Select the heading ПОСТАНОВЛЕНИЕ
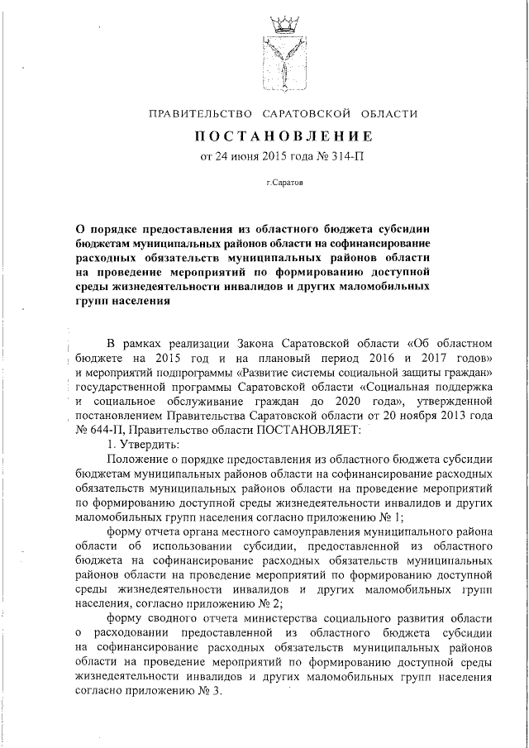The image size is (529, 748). pos(284,135)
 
